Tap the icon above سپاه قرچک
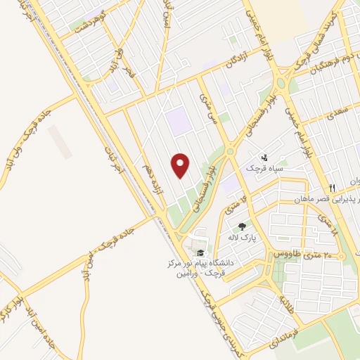264,157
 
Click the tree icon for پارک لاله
242,226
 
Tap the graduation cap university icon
201,252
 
